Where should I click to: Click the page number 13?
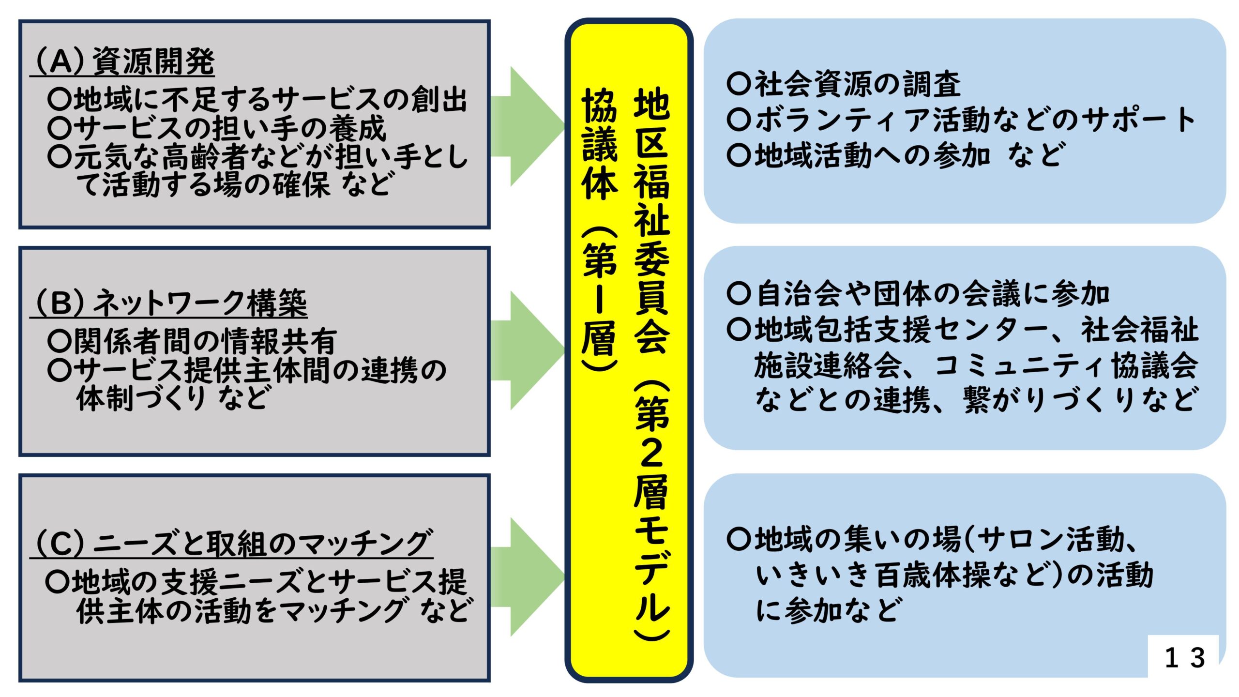pyautogui.click(x=1184, y=658)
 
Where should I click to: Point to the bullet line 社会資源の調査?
pyautogui.click(x=844, y=84)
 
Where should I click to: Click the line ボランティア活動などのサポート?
pyautogui.click(x=961, y=119)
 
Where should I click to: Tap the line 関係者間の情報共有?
pyautogui.click(x=192, y=341)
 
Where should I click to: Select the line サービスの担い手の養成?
pyautogui.click(x=217, y=128)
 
